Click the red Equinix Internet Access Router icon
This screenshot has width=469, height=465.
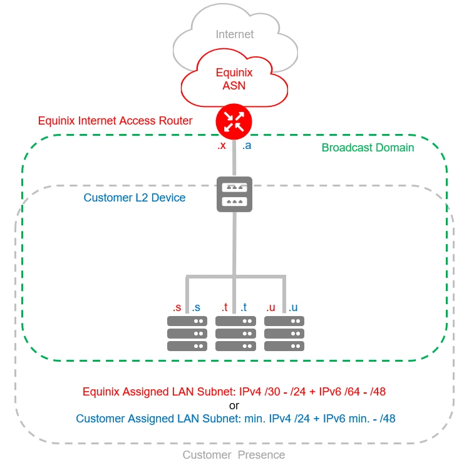click(234, 122)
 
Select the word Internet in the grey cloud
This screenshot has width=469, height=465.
click(235, 35)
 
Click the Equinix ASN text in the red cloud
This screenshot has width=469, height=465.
click(234, 79)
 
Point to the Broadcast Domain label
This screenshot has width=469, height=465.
click(368, 148)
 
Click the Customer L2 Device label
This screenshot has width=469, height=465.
click(135, 198)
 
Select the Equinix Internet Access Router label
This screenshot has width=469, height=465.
click(115, 121)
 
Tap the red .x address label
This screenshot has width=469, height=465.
click(221, 146)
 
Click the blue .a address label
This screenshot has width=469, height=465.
click(247, 146)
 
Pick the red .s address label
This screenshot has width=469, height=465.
click(177, 307)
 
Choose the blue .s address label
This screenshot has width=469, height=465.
click(197, 307)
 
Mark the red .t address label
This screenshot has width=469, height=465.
click(224, 307)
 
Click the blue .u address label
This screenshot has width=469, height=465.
click(292, 307)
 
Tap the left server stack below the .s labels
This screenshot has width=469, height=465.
click(187, 333)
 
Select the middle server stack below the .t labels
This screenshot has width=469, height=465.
click(235, 333)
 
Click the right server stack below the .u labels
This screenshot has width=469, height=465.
click(284, 333)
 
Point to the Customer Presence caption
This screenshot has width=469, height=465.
click(234, 455)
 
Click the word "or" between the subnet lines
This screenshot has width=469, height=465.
click(234, 406)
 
